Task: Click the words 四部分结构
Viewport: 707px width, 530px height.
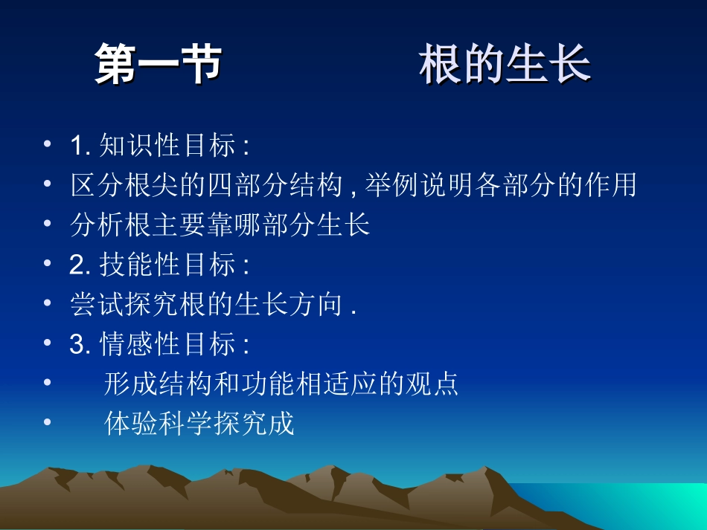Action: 271,185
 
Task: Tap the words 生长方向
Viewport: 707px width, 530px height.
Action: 285,305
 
